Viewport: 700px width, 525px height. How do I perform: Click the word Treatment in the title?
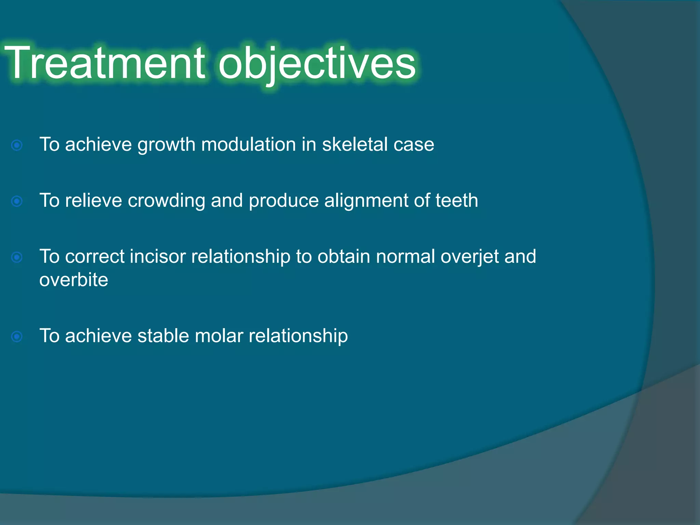104,63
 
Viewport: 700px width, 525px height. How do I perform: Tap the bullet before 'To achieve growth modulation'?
17,145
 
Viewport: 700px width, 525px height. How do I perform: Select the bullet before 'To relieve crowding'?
17,201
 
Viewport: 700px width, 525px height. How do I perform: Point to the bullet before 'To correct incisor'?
17,257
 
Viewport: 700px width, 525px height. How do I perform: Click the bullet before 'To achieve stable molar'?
17,337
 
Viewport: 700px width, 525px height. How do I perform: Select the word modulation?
248,144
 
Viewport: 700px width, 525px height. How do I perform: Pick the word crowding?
166,201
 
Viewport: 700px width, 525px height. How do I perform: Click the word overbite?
73,280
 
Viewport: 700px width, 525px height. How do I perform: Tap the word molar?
219,336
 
